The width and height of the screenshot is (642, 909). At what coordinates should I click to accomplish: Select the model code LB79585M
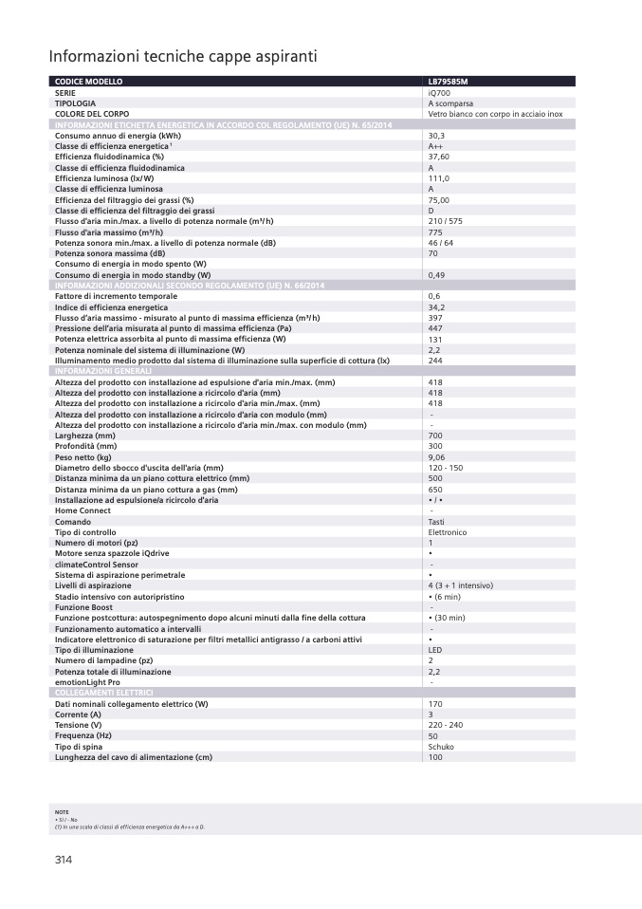point(448,83)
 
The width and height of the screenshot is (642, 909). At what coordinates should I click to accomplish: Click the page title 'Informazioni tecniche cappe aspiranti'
point(183,57)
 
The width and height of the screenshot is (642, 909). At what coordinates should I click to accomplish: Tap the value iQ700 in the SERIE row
point(438,93)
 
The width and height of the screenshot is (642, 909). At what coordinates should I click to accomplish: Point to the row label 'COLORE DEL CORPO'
point(92,114)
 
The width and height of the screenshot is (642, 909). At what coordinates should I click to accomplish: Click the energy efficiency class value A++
point(436,146)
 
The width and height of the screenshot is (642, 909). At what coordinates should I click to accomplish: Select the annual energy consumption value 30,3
point(436,136)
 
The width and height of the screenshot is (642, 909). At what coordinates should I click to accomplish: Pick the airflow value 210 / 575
point(446,221)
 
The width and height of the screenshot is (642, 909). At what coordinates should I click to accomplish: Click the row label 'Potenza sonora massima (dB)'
point(109,253)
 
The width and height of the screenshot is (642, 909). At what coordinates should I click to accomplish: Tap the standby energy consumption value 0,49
point(437,274)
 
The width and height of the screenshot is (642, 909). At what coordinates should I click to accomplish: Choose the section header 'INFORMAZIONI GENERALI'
point(103,371)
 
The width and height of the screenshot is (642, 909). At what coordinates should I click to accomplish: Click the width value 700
point(435,436)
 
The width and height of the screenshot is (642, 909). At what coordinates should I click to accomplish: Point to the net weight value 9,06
point(436,457)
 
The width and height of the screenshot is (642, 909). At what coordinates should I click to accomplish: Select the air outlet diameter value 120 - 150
point(446,468)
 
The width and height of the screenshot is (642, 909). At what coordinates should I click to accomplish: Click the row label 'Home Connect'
point(83,510)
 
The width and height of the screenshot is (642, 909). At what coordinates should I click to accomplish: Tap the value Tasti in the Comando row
point(437,522)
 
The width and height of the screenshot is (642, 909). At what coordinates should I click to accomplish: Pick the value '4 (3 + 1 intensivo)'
point(461,585)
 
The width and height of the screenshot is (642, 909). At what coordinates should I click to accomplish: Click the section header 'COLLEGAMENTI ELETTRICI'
point(104,693)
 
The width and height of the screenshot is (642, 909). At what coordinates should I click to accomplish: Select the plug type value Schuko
point(441,747)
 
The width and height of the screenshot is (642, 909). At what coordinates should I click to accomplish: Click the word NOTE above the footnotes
point(63,812)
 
